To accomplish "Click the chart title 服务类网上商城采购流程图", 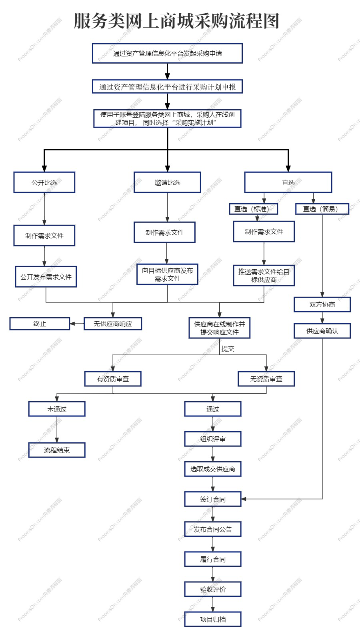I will tap(176, 21).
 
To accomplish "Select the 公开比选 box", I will tap(44, 182).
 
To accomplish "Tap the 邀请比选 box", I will tap(167, 182).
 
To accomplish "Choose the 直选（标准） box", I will tap(254, 209).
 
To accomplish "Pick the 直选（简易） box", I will tap(322, 209).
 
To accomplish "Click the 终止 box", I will tap(40, 324).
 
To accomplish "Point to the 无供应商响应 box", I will tap(113, 324).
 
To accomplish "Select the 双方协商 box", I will tap(322, 304).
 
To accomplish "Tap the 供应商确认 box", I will tap(322, 331).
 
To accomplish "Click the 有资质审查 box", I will tap(113, 379).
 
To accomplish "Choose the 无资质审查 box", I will tap(266, 379).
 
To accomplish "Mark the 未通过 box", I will tap(57, 409).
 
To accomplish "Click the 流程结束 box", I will tap(57, 450).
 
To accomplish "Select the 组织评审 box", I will tap(213, 439).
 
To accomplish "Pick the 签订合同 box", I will tap(213, 499).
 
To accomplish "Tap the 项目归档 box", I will tap(213, 619).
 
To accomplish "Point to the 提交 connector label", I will tap(228, 349).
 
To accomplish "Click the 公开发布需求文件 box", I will tap(46, 277).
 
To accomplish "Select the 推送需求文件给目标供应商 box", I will tap(264, 276).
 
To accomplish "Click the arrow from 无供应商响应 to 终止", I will tap(77, 324).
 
